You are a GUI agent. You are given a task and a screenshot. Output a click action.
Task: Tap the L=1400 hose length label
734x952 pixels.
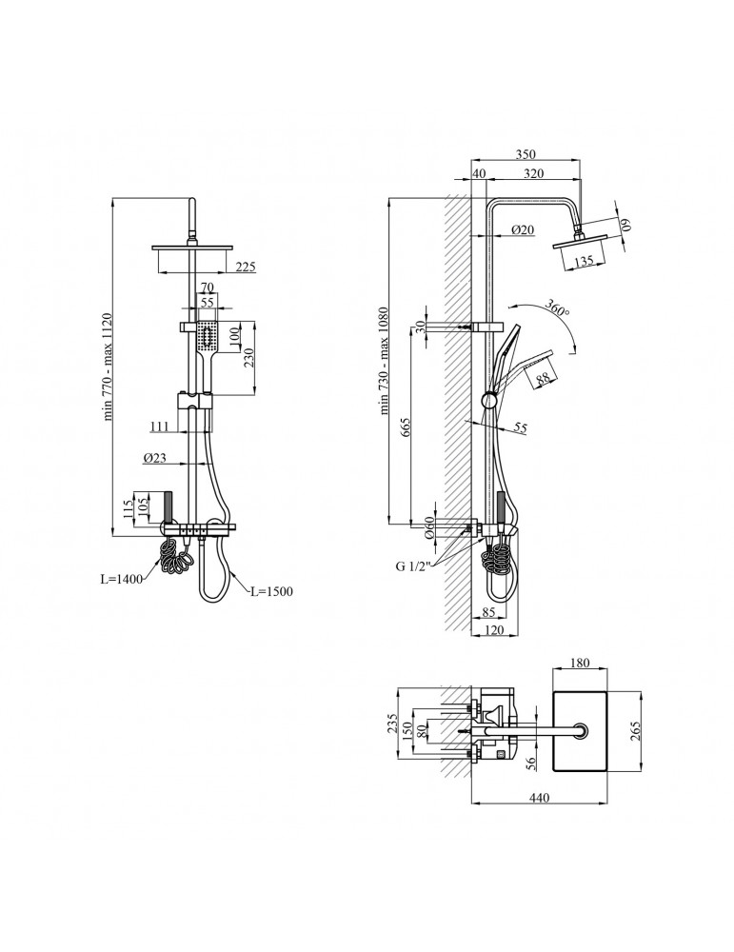tap(122, 579)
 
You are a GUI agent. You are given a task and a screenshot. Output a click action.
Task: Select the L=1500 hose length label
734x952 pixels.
tap(271, 591)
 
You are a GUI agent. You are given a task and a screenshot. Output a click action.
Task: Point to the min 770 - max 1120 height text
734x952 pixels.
tap(109, 367)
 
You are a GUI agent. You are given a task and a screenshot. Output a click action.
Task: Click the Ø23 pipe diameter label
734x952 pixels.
tap(155, 459)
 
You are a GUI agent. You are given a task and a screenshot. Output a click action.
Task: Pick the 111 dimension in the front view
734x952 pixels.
tap(159, 426)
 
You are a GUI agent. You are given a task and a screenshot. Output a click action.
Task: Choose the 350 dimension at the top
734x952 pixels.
tap(526, 154)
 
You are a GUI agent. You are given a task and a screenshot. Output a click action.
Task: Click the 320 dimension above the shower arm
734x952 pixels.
tap(534, 173)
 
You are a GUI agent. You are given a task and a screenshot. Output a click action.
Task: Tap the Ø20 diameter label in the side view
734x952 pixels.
tap(522, 229)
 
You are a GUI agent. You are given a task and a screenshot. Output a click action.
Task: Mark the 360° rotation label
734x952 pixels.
tap(557, 307)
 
